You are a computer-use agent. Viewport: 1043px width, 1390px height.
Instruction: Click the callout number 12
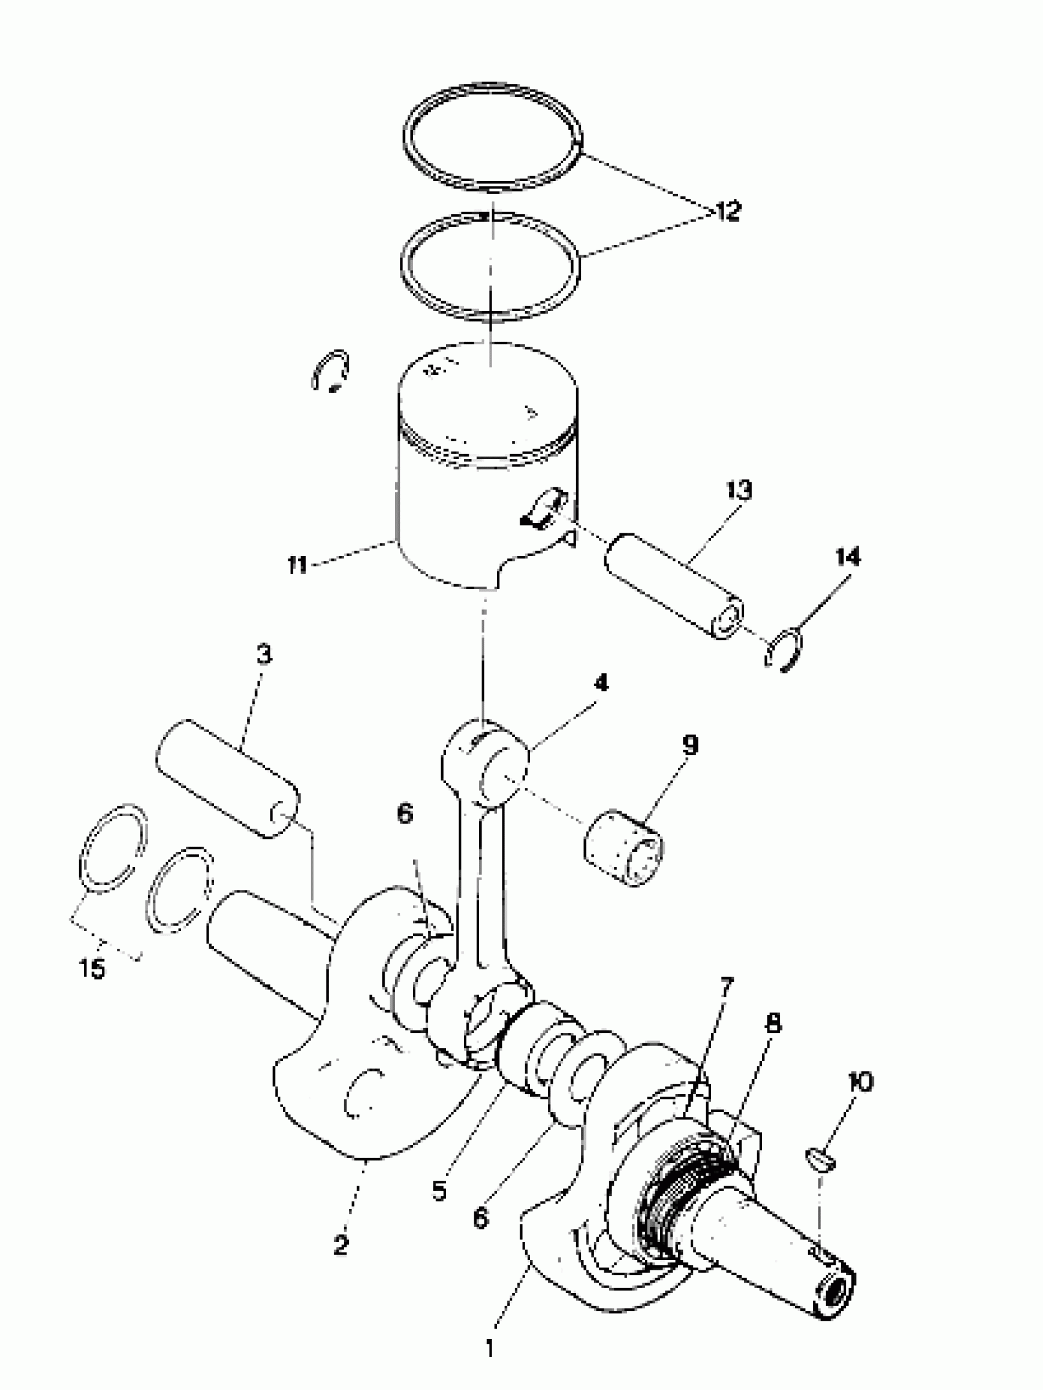[x=728, y=212]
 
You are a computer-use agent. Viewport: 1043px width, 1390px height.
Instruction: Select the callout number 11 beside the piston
[x=296, y=565]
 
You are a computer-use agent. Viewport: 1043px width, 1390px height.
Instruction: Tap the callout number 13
[x=739, y=490]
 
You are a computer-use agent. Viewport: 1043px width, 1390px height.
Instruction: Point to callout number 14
[x=848, y=557]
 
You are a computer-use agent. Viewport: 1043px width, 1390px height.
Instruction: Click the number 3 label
[x=264, y=655]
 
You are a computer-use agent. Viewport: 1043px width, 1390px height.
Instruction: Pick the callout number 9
[x=689, y=745]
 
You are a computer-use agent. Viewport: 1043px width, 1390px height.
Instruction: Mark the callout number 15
[x=92, y=968]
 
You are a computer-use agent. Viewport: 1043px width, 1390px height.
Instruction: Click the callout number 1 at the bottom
[x=491, y=1347]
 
